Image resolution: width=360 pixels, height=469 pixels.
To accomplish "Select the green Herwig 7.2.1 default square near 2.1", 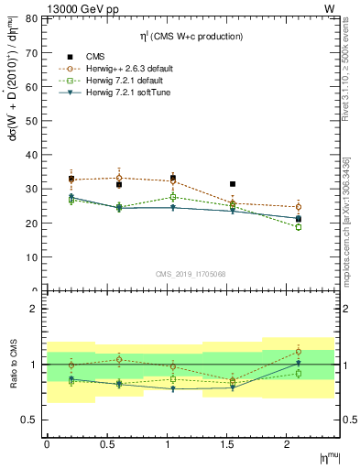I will click(x=299, y=227).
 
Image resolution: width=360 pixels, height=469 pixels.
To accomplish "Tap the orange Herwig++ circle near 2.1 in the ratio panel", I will click(x=299, y=352).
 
